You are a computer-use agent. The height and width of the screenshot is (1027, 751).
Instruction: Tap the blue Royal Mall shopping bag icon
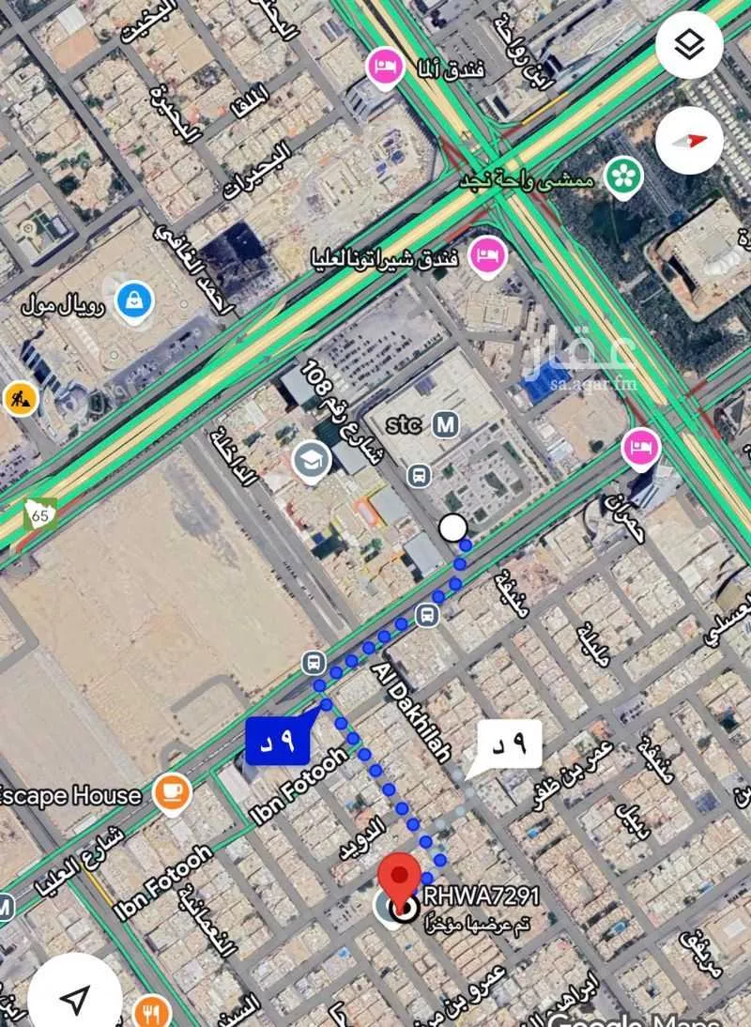click(x=134, y=301)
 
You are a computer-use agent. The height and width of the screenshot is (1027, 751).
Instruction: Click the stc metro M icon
click(x=446, y=424)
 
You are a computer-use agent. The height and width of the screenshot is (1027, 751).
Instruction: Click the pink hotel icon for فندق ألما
click(x=383, y=67)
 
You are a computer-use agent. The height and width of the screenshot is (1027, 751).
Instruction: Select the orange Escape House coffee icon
click(x=171, y=794)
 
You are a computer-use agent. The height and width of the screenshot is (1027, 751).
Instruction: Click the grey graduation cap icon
click(x=311, y=460)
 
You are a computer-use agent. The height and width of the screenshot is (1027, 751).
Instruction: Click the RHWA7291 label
click(x=482, y=897)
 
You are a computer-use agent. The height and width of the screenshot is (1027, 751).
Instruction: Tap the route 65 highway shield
click(x=39, y=513)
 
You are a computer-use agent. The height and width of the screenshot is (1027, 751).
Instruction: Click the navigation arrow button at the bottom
click(x=75, y=998)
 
